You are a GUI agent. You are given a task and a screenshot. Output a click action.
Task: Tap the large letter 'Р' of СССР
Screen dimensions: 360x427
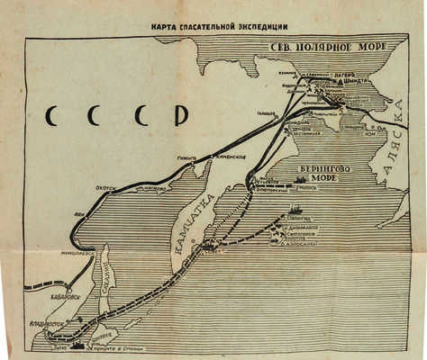click(181, 117)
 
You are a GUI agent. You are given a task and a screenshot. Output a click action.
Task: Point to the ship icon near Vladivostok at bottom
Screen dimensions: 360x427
click(77, 345)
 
